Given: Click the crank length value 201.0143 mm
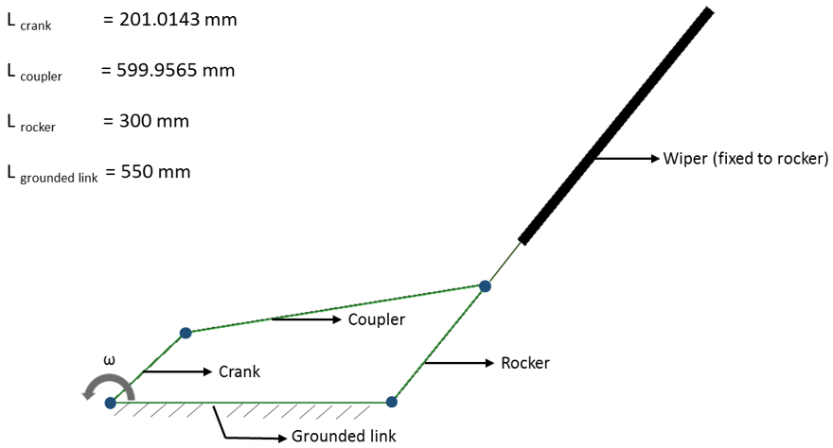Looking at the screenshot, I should (178, 20).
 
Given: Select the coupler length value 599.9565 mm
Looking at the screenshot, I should (176, 71).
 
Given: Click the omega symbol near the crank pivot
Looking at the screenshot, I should (109, 360).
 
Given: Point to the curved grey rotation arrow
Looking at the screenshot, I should (97, 386).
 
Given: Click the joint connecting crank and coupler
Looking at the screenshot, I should (186, 333).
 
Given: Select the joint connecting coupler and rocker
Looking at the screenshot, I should (485, 285).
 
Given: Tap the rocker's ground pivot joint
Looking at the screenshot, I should (392, 402).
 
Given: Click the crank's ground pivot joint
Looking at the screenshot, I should (111, 403).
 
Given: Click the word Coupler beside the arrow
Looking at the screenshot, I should (376, 319).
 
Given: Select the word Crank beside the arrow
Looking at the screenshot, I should (239, 371).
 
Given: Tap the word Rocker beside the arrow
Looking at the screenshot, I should (524, 363).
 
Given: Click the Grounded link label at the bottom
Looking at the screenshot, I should (344, 436).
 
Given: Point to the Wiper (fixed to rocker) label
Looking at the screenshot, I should (746, 158).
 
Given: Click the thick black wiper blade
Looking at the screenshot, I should (615, 126).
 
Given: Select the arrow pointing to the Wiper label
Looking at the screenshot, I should (625, 158).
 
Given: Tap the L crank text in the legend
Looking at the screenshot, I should (29, 22).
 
